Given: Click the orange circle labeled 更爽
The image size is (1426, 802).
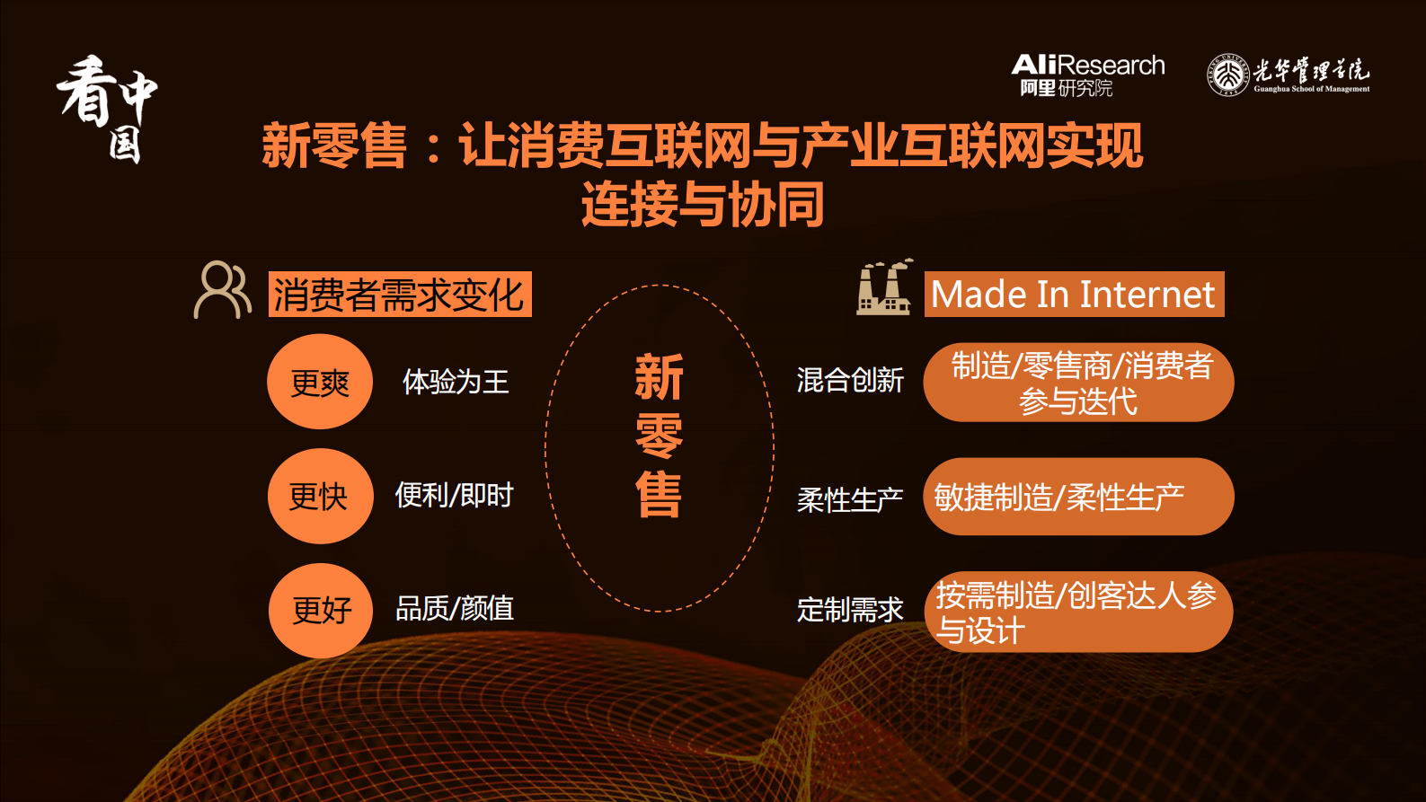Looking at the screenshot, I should [x=320, y=382].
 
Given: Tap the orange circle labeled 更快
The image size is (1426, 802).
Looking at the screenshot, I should [x=320, y=496].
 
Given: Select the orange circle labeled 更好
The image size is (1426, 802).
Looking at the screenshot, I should [x=321, y=610].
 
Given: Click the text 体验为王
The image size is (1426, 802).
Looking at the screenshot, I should [x=456, y=382].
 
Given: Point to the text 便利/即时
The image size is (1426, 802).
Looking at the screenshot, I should [x=454, y=495].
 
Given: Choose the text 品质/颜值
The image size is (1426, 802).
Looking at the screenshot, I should [x=455, y=608].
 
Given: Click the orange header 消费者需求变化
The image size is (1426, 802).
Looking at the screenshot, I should [x=400, y=295].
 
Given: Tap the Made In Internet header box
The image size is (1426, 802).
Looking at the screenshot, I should [x=1074, y=295].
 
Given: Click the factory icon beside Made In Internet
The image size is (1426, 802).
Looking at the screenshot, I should [x=884, y=287].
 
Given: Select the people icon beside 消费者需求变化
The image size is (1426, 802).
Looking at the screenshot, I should [x=222, y=290].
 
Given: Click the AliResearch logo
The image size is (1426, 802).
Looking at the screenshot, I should [x=1087, y=75].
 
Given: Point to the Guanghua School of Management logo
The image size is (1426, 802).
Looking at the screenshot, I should [x=1288, y=75].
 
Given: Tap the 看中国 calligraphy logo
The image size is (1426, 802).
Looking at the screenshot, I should [x=108, y=108].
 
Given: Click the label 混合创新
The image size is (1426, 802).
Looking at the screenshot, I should [x=850, y=381].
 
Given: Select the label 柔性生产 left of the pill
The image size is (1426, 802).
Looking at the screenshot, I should [x=850, y=499].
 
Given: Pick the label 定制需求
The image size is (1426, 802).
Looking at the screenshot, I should [x=850, y=610].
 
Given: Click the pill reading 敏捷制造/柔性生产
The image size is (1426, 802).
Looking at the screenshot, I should [x=1078, y=497].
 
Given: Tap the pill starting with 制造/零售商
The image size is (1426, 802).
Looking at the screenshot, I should [x=1078, y=383].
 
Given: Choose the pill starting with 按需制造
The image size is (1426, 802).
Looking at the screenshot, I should [x=1078, y=612].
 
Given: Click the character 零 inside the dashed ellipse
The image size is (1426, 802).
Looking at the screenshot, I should [x=660, y=437].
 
